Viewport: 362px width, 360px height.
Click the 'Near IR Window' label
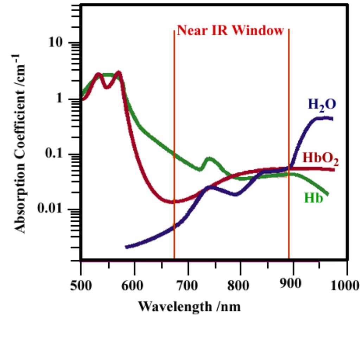(230, 31)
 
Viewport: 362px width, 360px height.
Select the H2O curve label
(322, 105)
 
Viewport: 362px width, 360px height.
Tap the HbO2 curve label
(321, 159)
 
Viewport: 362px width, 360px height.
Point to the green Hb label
(313, 198)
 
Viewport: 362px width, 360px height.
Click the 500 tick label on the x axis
(81, 284)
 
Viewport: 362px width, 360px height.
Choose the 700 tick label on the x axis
(189, 284)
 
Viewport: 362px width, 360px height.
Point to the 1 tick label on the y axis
(63, 99)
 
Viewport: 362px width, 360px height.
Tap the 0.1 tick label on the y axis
(56, 154)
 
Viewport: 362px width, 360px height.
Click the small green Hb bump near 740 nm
(210, 160)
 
